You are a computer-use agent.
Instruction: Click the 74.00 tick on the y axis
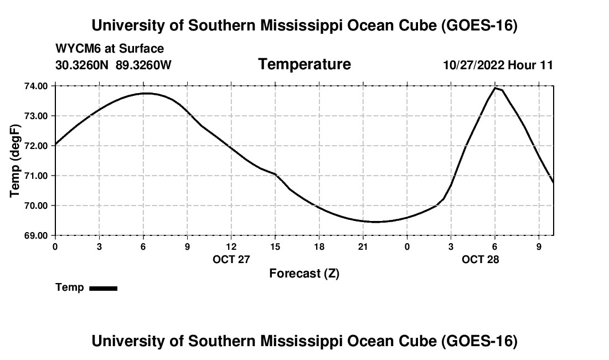pyautogui.click(x=36, y=86)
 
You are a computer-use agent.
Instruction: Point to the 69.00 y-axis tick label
pyautogui.click(x=36, y=236)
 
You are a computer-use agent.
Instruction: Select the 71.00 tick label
pyautogui.click(x=36, y=176)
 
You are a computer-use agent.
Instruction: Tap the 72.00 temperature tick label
pyautogui.click(x=36, y=146)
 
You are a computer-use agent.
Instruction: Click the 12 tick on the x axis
pyautogui.click(x=231, y=246)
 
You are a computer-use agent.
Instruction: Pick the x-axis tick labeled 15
pyautogui.click(x=275, y=246)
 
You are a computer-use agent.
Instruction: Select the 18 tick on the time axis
pyautogui.click(x=319, y=246)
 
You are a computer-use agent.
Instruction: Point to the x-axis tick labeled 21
pyautogui.click(x=363, y=246)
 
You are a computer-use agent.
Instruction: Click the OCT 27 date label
pyautogui.click(x=231, y=259)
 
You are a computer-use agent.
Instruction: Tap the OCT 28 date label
pyautogui.click(x=480, y=259)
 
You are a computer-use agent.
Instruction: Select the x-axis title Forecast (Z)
pyautogui.click(x=304, y=274)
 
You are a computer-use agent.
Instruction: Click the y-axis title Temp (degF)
pyautogui.click(x=15, y=161)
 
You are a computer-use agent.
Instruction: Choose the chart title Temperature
pyautogui.click(x=304, y=64)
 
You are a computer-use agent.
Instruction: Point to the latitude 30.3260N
pyautogui.click(x=82, y=65)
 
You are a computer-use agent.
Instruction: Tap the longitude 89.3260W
pyautogui.click(x=143, y=65)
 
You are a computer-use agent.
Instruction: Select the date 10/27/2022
pyautogui.click(x=474, y=65)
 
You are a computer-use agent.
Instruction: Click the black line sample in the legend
pyautogui.click(x=104, y=288)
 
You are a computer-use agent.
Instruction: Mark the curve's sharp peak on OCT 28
pyautogui.click(x=495, y=88)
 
